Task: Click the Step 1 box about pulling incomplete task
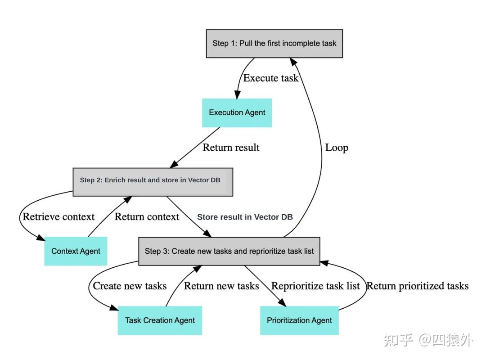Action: coord(274,44)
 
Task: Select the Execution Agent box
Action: coord(237,112)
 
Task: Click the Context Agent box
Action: coord(76,251)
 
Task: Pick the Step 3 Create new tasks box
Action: coord(229,251)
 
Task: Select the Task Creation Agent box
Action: coord(160,320)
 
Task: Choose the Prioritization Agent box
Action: coord(299,320)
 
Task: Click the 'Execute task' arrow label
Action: coord(270,78)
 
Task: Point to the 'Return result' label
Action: coord(231,147)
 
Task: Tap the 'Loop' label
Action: coord(337,148)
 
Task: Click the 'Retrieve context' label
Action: coord(58,216)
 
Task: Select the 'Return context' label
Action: coord(147,216)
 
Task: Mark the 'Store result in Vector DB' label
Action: coord(245,217)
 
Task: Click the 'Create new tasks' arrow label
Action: coord(130,286)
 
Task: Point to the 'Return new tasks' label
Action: coord(221,286)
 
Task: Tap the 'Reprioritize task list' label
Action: coord(315,286)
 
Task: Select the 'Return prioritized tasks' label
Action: coord(417,286)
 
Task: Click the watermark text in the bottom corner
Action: coord(428,340)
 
